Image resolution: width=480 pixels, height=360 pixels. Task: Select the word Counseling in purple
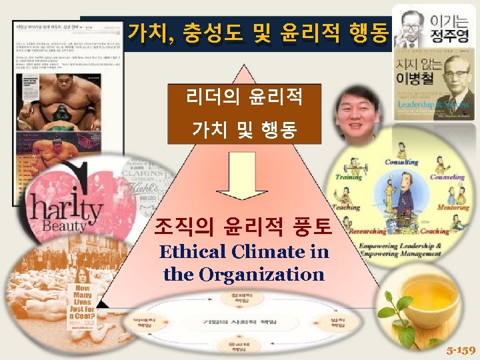[x=447, y=178]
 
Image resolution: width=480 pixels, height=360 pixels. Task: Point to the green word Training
[x=349, y=178]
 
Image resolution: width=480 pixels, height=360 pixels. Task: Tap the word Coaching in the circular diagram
[x=435, y=231]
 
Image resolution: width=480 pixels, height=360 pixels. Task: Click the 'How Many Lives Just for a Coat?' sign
[x=81, y=306]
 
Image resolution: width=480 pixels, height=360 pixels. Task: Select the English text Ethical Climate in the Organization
[x=243, y=263]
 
